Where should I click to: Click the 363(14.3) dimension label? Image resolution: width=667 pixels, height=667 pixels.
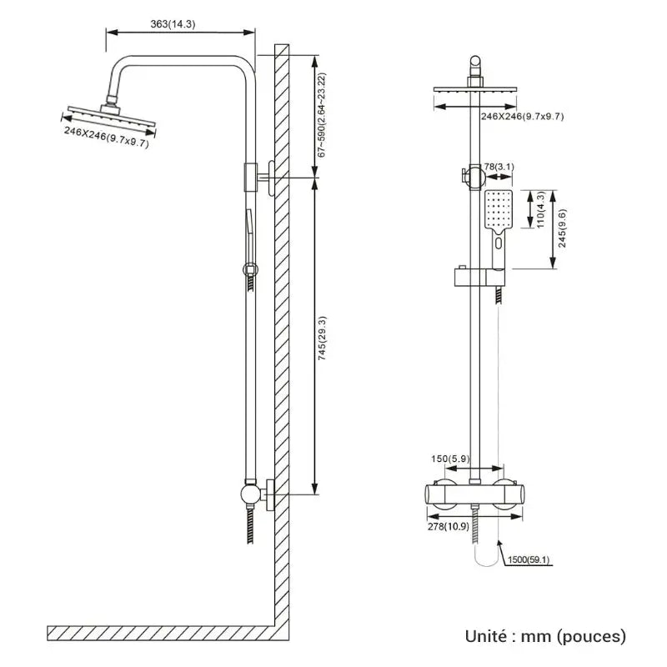(x=173, y=24)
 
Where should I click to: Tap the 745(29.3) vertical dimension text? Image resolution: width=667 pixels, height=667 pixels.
(x=322, y=338)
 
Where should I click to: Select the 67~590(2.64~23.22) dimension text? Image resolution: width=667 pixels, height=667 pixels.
(x=322, y=115)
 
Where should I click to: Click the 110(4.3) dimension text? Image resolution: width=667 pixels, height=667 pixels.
(x=540, y=210)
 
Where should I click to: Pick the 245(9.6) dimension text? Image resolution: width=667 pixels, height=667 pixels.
(x=563, y=227)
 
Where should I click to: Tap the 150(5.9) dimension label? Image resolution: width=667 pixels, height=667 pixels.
(x=450, y=458)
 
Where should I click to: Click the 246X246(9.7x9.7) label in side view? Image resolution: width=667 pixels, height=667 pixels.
(x=106, y=138)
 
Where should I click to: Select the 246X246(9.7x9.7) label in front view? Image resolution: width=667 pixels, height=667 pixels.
(x=522, y=116)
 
